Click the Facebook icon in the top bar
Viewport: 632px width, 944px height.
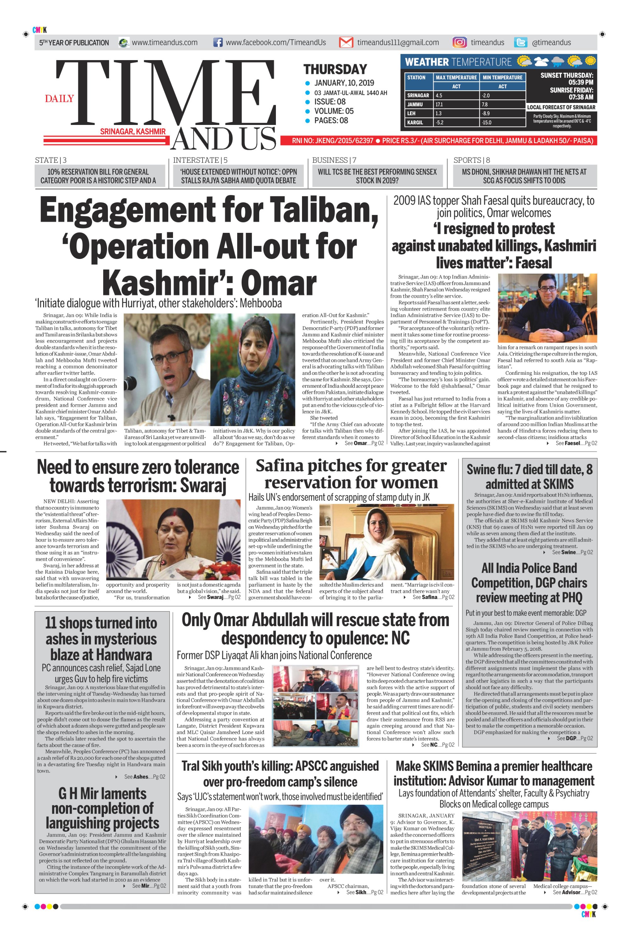point(218,42)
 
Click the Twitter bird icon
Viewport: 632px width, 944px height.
point(521,42)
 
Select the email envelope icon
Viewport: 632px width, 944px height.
point(346,42)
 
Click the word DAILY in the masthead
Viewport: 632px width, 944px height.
point(59,99)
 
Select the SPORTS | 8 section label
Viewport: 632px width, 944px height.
point(472,160)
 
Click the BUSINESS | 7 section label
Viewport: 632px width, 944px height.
point(334,160)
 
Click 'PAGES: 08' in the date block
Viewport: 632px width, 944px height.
point(331,121)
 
